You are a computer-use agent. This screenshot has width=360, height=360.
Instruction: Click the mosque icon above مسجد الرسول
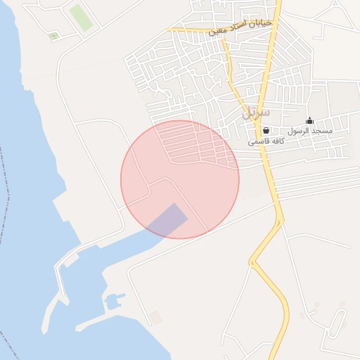(x=309, y=120)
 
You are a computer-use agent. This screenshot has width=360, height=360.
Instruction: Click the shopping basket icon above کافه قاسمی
(x=266, y=130)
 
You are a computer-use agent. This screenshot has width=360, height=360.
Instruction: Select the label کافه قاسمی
(x=266, y=141)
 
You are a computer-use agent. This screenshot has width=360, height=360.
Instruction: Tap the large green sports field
(x=80, y=18)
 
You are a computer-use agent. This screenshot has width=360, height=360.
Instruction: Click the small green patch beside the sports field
(x=53, y=35)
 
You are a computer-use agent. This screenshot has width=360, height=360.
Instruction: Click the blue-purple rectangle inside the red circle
(x=167, y=220)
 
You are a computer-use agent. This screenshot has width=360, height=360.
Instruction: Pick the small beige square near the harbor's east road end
(x=155, y=318)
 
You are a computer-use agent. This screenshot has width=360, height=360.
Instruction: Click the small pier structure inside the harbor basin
(x=113, y=302)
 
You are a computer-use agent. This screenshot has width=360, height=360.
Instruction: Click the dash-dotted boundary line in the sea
(x=7, y=211)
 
